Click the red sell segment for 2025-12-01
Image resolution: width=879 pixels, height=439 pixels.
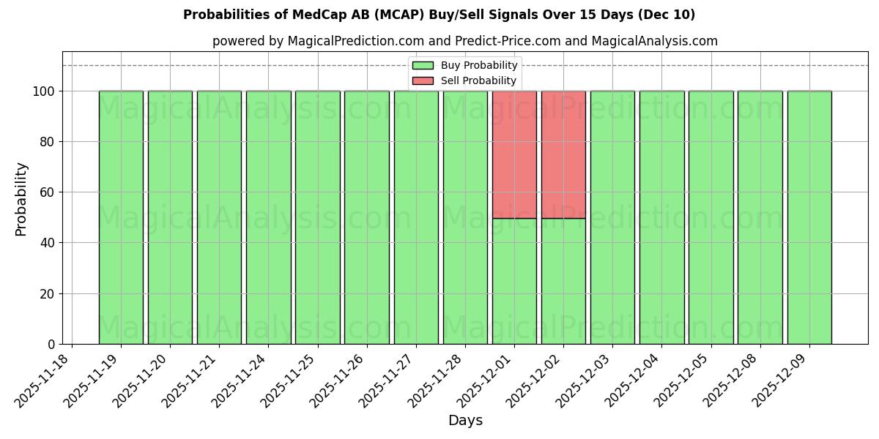point(514,154)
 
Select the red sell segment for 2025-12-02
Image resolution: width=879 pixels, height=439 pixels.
point(563,154)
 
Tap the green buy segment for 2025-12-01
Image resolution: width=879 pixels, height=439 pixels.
point(514,281)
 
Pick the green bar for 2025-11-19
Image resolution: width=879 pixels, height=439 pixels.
point(121,217)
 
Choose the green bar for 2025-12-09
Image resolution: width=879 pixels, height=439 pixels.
point(809,217)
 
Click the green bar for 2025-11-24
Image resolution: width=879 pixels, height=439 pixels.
point(268,217)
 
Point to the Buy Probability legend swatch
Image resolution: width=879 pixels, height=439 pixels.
point(423,66)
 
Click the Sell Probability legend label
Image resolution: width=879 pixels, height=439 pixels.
point(478,80)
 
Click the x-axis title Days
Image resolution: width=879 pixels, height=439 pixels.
point(465,421)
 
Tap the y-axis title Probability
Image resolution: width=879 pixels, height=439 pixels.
point(21,198)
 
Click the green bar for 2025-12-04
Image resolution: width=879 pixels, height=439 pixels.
point(661,217)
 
